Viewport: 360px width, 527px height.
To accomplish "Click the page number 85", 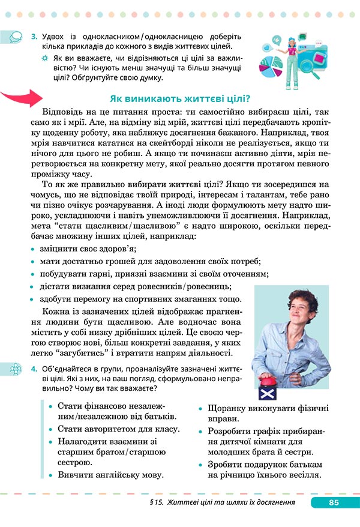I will [334, 502].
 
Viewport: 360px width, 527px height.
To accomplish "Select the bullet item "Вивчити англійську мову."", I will [111, 474].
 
